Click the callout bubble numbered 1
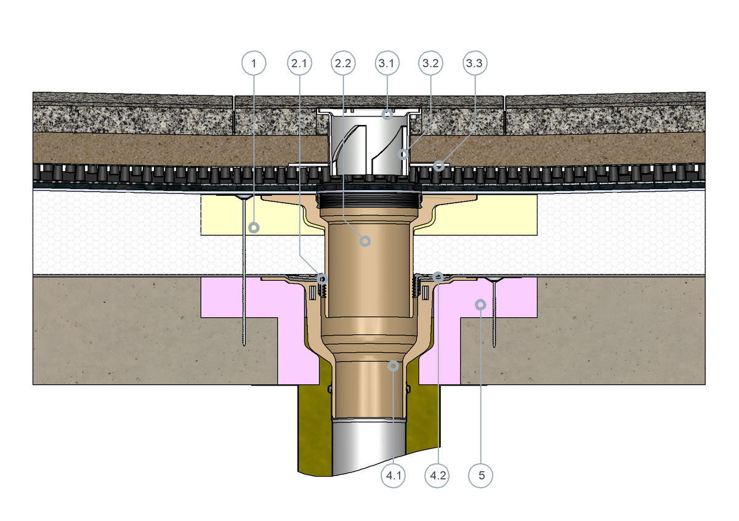click(x=254, y=63)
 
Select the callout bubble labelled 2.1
click(x=299, y=63)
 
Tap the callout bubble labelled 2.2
click(x=343, y=63)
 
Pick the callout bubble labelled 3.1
click(x=387, y=63)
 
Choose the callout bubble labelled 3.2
click(x=430, y=63)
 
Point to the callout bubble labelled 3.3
click(x=475, y=63)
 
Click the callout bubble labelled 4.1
click(x=394, y=475)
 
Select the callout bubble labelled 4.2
click(x=437, y=475)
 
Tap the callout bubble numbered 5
click(x=481, y=475)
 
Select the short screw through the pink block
click(x=494, y=312)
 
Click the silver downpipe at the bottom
click(x=369, y=447)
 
